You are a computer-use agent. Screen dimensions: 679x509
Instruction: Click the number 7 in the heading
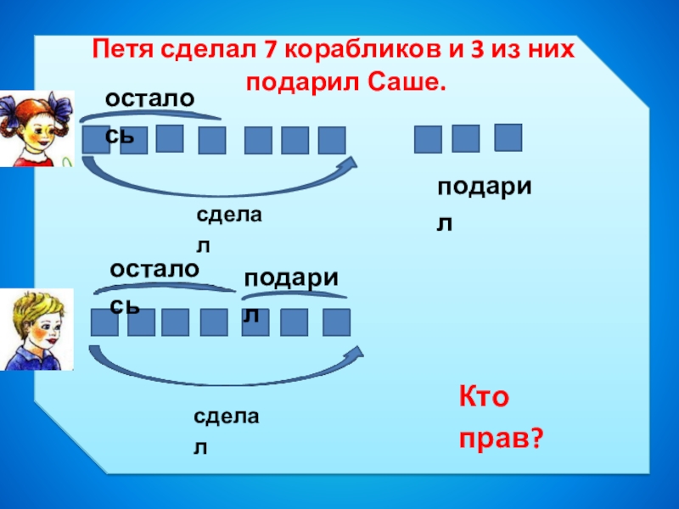tap(270, 50)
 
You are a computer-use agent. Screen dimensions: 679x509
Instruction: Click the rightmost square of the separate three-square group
tap(508, 137)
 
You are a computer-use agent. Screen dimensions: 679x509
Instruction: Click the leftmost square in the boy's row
tap(104, 322)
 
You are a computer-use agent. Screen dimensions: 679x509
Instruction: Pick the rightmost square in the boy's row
tap(336, 322)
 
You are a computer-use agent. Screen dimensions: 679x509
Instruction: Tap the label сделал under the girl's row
tap(228, 230)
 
